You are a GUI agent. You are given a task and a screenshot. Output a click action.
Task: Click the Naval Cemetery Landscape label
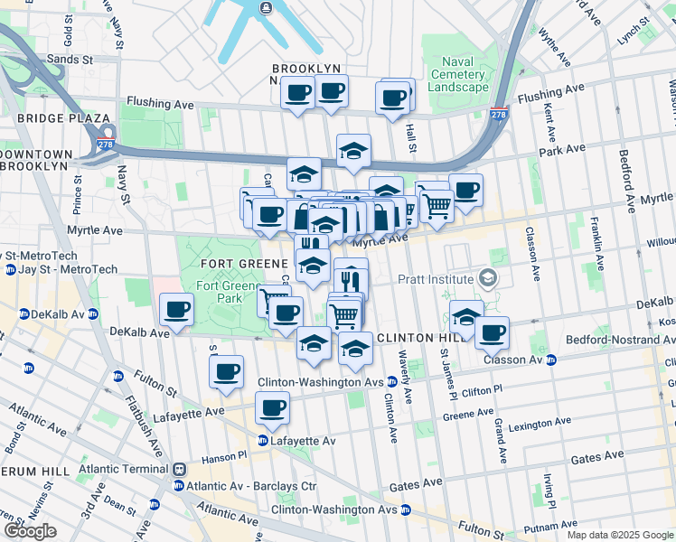458,74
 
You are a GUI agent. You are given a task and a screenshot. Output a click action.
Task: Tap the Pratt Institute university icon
489,278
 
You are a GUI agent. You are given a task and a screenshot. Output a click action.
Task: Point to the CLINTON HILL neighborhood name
412,337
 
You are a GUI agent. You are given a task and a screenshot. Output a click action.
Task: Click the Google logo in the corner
30,530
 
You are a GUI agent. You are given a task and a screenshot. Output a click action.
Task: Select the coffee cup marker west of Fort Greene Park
176,312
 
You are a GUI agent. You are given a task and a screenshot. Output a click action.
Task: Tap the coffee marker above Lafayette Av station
272,408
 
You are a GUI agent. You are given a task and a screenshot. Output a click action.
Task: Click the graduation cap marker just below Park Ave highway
354,152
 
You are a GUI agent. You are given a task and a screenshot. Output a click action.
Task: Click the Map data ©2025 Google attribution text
620,535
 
